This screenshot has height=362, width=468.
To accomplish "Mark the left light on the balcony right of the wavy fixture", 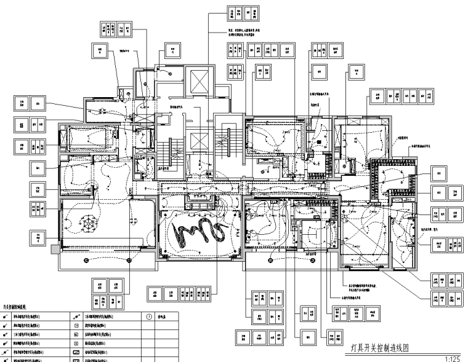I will [271, 261].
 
